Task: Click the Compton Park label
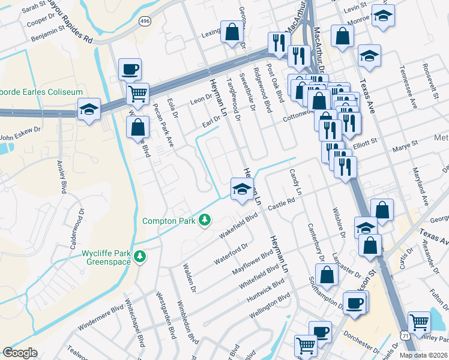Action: click(169, 221)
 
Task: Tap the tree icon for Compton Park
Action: click(205, 221)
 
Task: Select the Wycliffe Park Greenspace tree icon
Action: click(140, 257)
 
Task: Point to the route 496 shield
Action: click(145, 21)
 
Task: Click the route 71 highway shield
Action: click(406, 337)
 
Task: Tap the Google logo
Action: click(20, 353)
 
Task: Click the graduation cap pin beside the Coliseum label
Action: click(89, 109)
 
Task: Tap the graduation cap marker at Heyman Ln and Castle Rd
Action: click(242, 190)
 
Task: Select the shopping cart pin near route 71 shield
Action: click(418, 322)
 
